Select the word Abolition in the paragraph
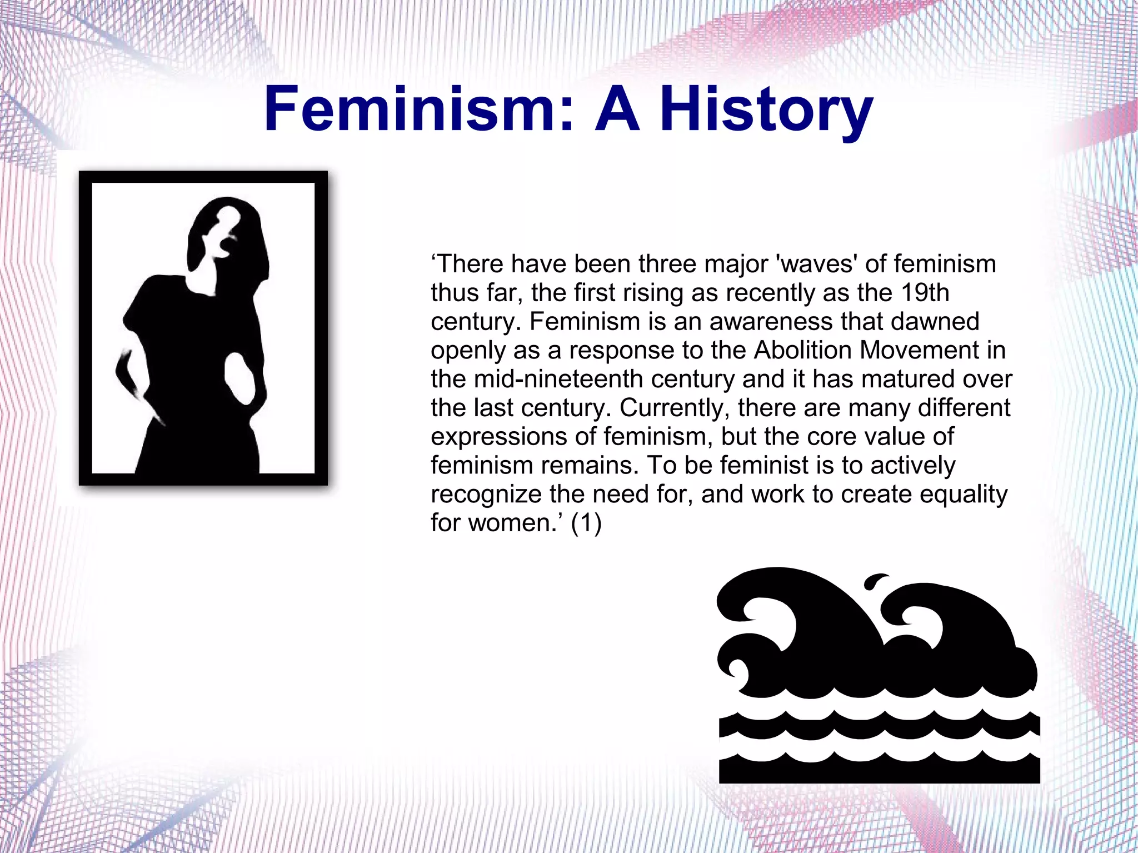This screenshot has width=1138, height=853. click(x=804, y=351)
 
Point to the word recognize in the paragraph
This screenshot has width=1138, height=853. click(x=486, y=495)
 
